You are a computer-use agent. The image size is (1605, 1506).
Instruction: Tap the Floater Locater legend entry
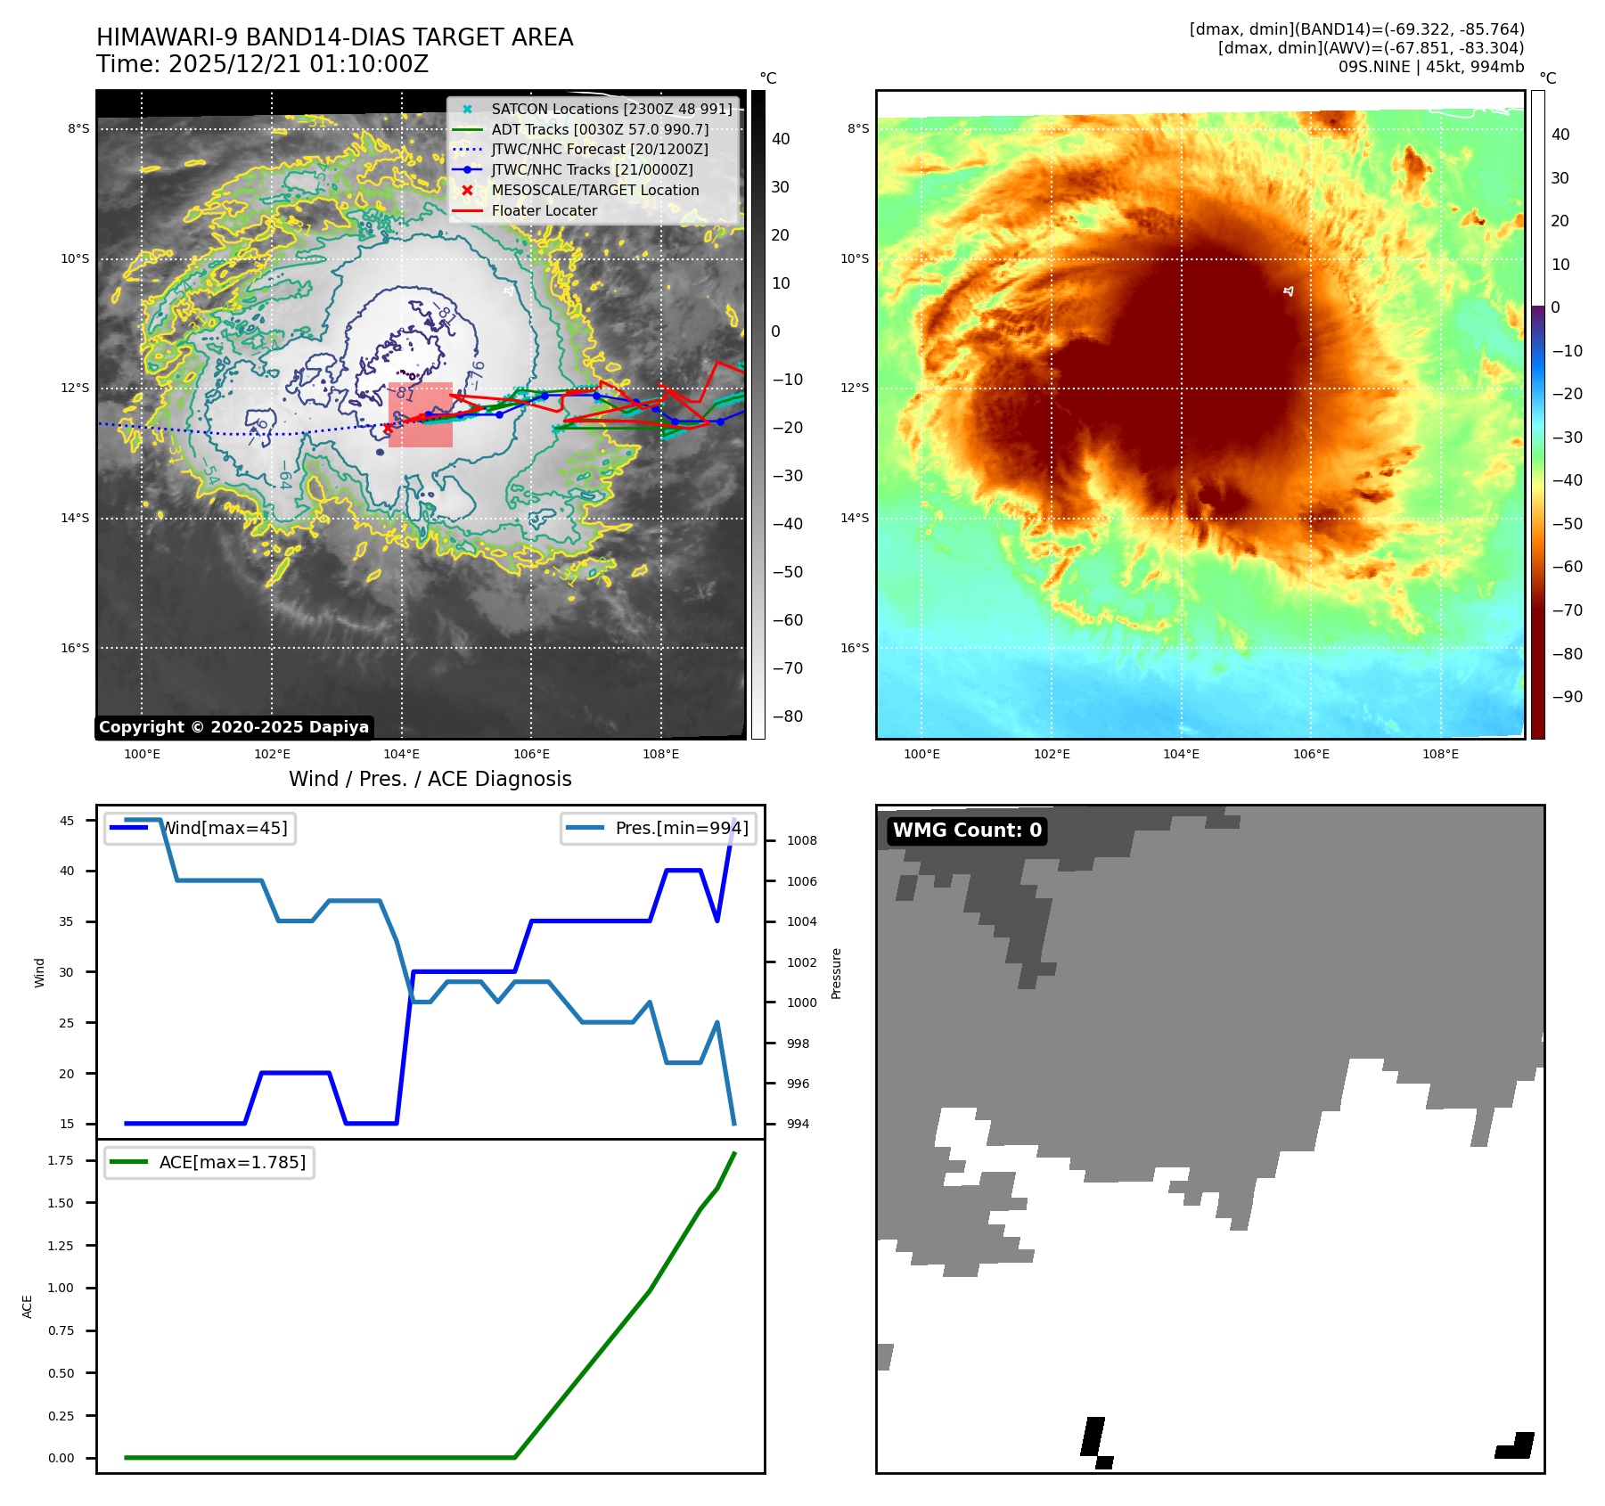pos(544,210)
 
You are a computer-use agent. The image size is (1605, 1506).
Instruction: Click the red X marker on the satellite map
pos(388,429)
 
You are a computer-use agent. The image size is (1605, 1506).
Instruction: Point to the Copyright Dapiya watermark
pos(233,727)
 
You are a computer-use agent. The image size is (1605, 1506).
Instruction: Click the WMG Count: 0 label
pos(967,831)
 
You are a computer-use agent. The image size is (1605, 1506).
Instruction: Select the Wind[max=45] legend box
pos(201,828)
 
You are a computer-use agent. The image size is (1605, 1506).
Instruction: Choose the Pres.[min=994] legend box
pos(659,828)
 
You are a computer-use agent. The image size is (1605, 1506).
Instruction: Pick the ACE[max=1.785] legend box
pos(209,1162)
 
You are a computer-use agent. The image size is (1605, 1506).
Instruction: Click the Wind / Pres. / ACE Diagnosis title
pos(430,779)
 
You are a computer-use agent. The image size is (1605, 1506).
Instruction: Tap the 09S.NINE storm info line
pos(1430,67)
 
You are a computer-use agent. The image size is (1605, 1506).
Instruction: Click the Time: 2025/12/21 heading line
pos(263,64)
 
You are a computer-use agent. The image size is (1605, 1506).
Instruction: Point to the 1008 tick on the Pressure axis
pos(801,840)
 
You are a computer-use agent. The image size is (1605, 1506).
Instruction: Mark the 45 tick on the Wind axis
pos(67,821)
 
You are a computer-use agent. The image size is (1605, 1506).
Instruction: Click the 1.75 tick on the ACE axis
pos(61,1160)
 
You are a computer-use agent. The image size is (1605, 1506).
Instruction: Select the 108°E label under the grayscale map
pos(660,754)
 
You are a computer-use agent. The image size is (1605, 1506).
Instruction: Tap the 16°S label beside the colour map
pos(855,648)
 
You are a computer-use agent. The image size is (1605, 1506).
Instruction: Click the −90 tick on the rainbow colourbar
pos(1567,697)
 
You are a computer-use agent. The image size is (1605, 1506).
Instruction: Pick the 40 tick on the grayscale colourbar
pos(781,139)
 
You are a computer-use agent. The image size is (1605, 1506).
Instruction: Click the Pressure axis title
pos(836,973)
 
